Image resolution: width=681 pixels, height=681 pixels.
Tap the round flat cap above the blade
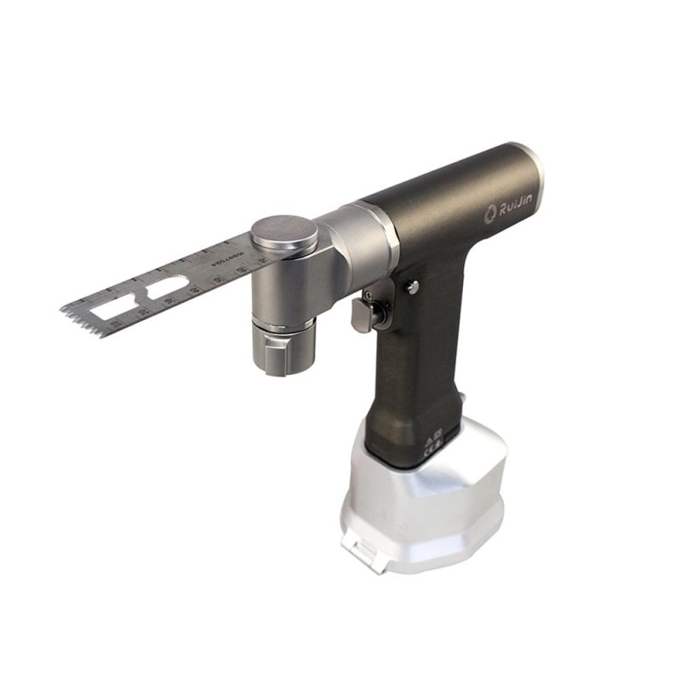[x=284, y=232]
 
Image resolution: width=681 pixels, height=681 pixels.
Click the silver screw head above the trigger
[x=412, y=288]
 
